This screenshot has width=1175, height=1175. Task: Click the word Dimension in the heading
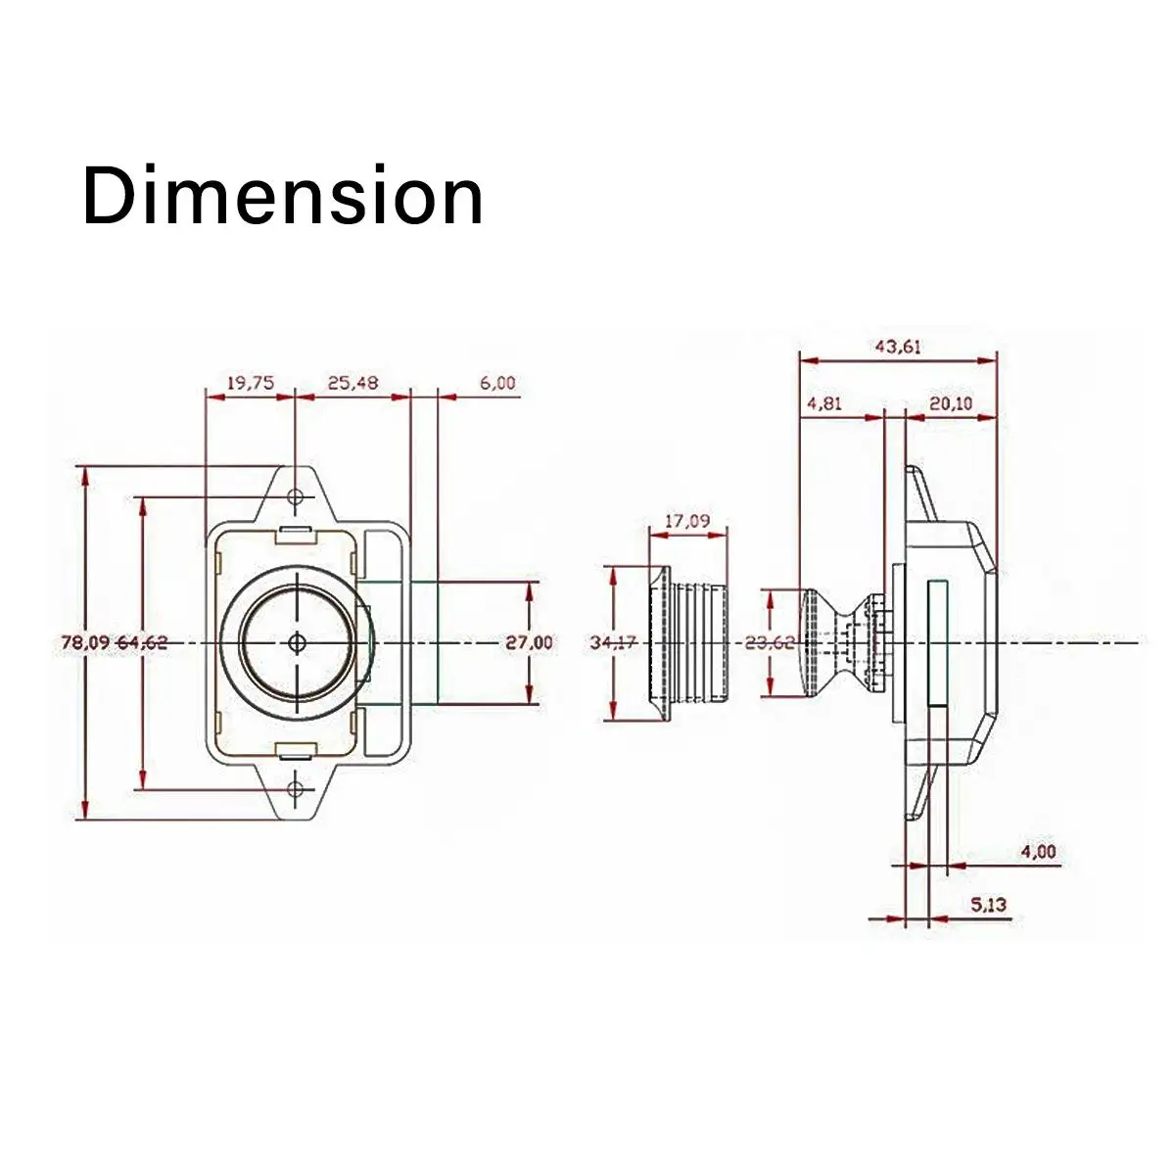pyautogui.click(x=283, y=195)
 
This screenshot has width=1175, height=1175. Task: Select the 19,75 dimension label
pyautogui.click(x=250, y=383)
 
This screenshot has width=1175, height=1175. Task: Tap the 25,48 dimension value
pyautogui.click(x=352, y=383)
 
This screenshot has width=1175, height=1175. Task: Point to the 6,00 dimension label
pyautogui.click(x=497, y=383)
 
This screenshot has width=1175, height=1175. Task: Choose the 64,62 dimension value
pyautogui.click(x=141, y=642)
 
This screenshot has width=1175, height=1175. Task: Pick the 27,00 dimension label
pyautogui.click(x=530, y=642)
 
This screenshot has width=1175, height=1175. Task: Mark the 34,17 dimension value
pyautogui.click(x=614, y=642)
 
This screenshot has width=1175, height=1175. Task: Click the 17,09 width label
pyautogui.click(x=687, y=521)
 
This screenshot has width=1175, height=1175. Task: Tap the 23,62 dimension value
pyautogui.click(x=770, y=642)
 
